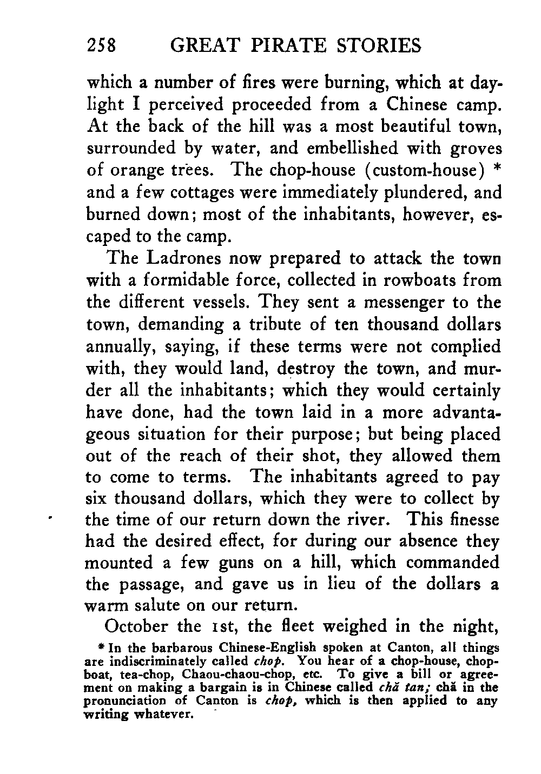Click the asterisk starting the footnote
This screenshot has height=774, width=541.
[93, 647]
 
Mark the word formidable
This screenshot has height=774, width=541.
[189, 281]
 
